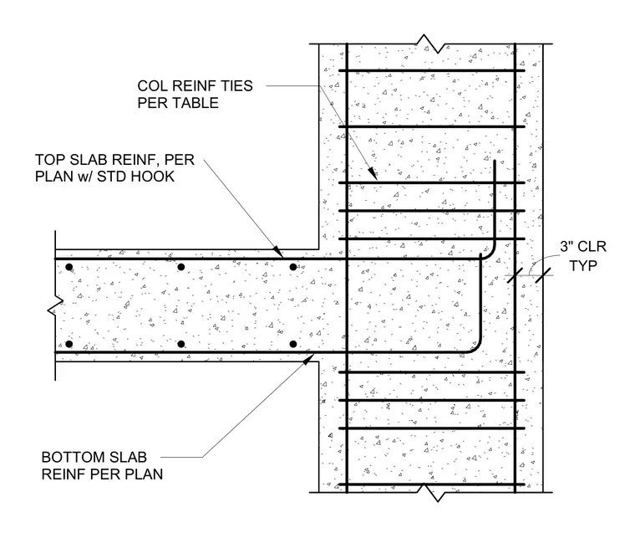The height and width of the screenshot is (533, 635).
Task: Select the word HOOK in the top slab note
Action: pos(155,177)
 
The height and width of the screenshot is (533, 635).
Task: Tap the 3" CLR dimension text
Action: pos(583,247)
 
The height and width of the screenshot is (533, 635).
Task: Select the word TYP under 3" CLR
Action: pos(583,266)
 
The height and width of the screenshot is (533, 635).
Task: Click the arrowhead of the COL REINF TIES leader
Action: pos(373,174)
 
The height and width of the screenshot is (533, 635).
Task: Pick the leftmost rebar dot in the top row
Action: pos(69,267)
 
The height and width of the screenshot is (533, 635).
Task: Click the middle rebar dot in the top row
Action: pos(181,267)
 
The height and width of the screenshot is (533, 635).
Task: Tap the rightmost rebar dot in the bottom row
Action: pos(293,344)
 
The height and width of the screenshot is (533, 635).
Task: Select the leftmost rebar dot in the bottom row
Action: pos(69,344)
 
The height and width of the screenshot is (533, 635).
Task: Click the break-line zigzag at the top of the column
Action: pos(431,44)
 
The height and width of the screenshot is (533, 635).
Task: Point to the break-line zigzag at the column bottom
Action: pos(431,493)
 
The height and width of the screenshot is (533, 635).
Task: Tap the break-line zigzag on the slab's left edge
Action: pos(55,306)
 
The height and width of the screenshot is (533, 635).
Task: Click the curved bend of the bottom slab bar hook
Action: pos(476,348)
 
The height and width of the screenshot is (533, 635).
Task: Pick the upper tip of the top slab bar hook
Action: pos(495,161)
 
